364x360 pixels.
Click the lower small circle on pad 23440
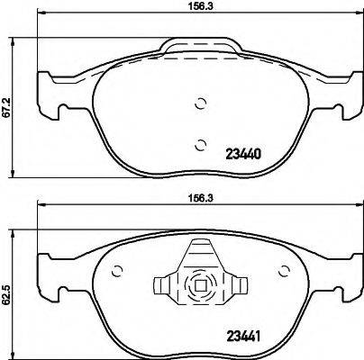click(200, 142)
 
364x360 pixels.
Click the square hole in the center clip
click(200, 289)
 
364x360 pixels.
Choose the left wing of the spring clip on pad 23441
click(165, 287)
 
